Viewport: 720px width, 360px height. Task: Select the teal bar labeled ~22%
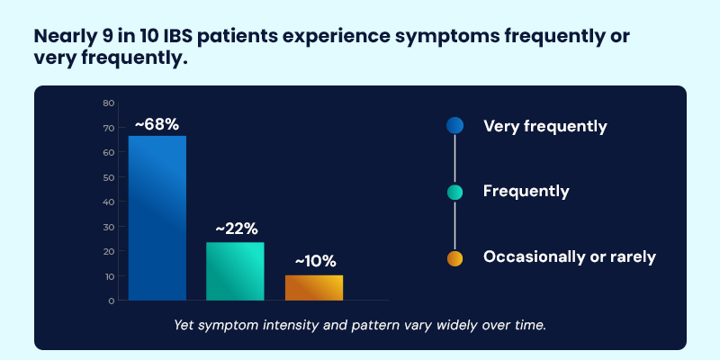point(235,271)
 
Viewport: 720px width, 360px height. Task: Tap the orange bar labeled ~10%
point(313,287)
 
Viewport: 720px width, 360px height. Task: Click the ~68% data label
point(157,122)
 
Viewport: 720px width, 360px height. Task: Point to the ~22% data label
point(235,229)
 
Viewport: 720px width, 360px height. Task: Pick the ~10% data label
point(314,262)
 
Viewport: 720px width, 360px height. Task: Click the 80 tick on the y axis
point(108,103)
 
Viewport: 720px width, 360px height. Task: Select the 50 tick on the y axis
point(108,177)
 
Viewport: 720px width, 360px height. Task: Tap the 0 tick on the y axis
point(111,301)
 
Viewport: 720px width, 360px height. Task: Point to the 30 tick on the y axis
point(108,227)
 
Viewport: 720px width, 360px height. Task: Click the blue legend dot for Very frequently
point(454,126)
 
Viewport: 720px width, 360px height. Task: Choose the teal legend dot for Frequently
point(454,192)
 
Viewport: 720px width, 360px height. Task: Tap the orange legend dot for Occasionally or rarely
point(454,258)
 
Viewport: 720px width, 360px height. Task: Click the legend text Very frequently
point(544,126)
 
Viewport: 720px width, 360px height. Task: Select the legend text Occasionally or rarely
point(569,257)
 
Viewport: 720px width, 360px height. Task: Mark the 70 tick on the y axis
point(108,128)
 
